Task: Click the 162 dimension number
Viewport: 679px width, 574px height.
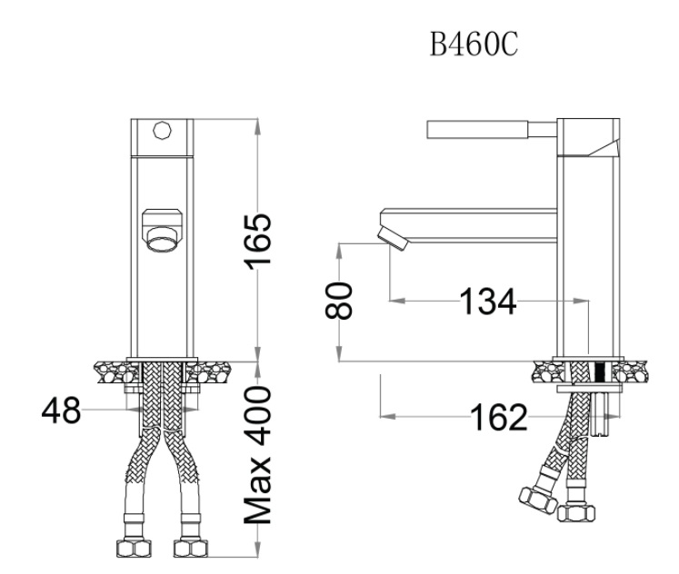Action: pyautogui.click(x=497, y=418)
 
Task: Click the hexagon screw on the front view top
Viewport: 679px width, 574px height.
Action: pyautogui.click(x=164, y=129)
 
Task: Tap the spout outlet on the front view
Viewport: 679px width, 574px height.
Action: pyautogui.click(x=162, y=233)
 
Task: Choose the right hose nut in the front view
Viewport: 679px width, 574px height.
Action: pyautogui.click(x=187, y=548)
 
